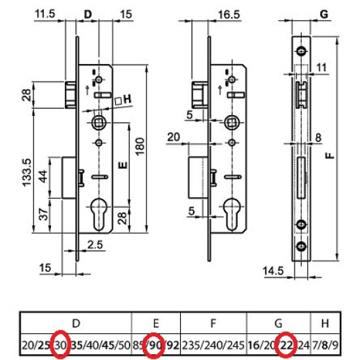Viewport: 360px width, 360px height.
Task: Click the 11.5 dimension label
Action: [x=45, y=14]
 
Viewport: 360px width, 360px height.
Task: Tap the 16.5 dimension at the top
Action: [x=228, y=14]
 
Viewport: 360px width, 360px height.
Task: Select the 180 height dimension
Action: [x=140, y=147]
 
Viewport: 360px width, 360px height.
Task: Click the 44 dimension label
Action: [x=43, y=176]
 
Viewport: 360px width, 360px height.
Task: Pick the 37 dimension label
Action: [x=43, y=214]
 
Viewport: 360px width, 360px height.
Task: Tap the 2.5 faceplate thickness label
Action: [x=95, y=245]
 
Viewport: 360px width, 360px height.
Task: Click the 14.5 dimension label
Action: [x=273, y=271]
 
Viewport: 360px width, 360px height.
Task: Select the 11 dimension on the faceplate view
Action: [x=321, y=67]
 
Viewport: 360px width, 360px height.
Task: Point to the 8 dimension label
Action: [x=318, y=137]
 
